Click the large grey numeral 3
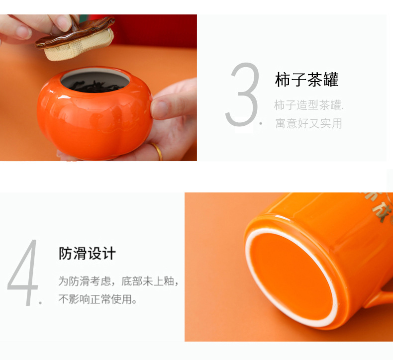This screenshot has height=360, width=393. pyautogui.click(x=243, y=95)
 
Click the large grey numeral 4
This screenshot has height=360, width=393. pyautogui.click(x=23, y=273)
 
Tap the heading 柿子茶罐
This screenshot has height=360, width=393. pyautogui.click(x=306, y=80)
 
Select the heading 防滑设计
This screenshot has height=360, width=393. pyautogui.click(x=87, y=254)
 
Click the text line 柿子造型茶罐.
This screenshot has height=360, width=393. pyautogui.click(x=308, y=105)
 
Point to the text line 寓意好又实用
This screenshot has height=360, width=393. pyautogui.click(x=308, y=123)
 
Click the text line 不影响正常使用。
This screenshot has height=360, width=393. pyautogui.click(x=98, y=299)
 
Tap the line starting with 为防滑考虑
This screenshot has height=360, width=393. pyautogui.click(x=118, y=281)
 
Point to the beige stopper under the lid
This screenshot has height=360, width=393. pyautogui.click(x=80, y=48)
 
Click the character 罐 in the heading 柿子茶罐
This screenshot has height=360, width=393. pyautogui.click(x=329, y=80)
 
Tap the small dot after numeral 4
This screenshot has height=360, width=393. pyautogui.click(x=40, y=302)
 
